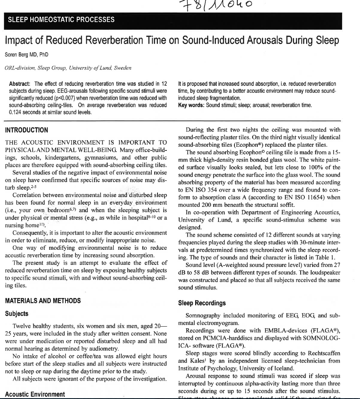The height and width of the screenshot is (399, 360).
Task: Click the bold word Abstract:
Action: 20,84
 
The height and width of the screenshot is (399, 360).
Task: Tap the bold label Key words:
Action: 192,105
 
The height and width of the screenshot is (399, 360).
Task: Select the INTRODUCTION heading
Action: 26,130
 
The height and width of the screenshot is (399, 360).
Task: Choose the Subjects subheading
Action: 17,314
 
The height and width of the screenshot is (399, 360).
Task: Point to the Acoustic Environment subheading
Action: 35,394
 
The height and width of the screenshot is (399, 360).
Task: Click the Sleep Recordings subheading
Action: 202,303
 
